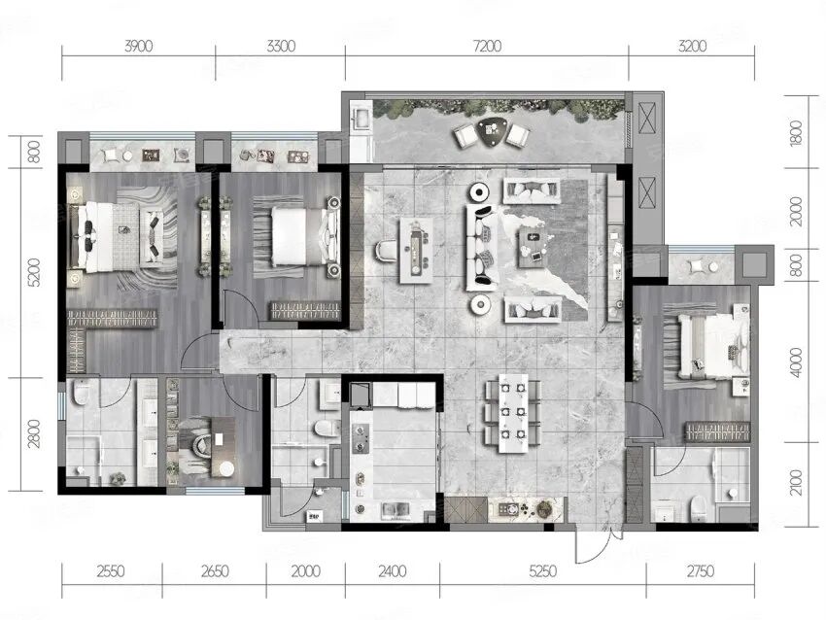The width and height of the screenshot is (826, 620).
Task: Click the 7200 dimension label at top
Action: (487, 47)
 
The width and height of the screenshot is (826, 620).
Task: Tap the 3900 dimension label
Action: (139, 47)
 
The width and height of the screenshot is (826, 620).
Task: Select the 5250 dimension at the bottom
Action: (542, 571)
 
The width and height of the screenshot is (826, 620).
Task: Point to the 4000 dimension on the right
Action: (796, 362)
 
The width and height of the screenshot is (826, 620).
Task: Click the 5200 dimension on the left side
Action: (33, 272)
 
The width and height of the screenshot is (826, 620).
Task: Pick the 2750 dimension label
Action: (700, 571)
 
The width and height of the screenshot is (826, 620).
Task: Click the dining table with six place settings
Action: (513, 413)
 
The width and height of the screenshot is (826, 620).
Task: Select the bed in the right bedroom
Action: (714, 346)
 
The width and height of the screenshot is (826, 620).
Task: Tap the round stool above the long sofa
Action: (480, 191)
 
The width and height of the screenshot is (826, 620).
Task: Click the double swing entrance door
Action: (597, 544)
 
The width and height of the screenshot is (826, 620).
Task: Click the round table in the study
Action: (226, 468)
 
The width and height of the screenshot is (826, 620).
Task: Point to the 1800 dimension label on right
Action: (796, 133)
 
